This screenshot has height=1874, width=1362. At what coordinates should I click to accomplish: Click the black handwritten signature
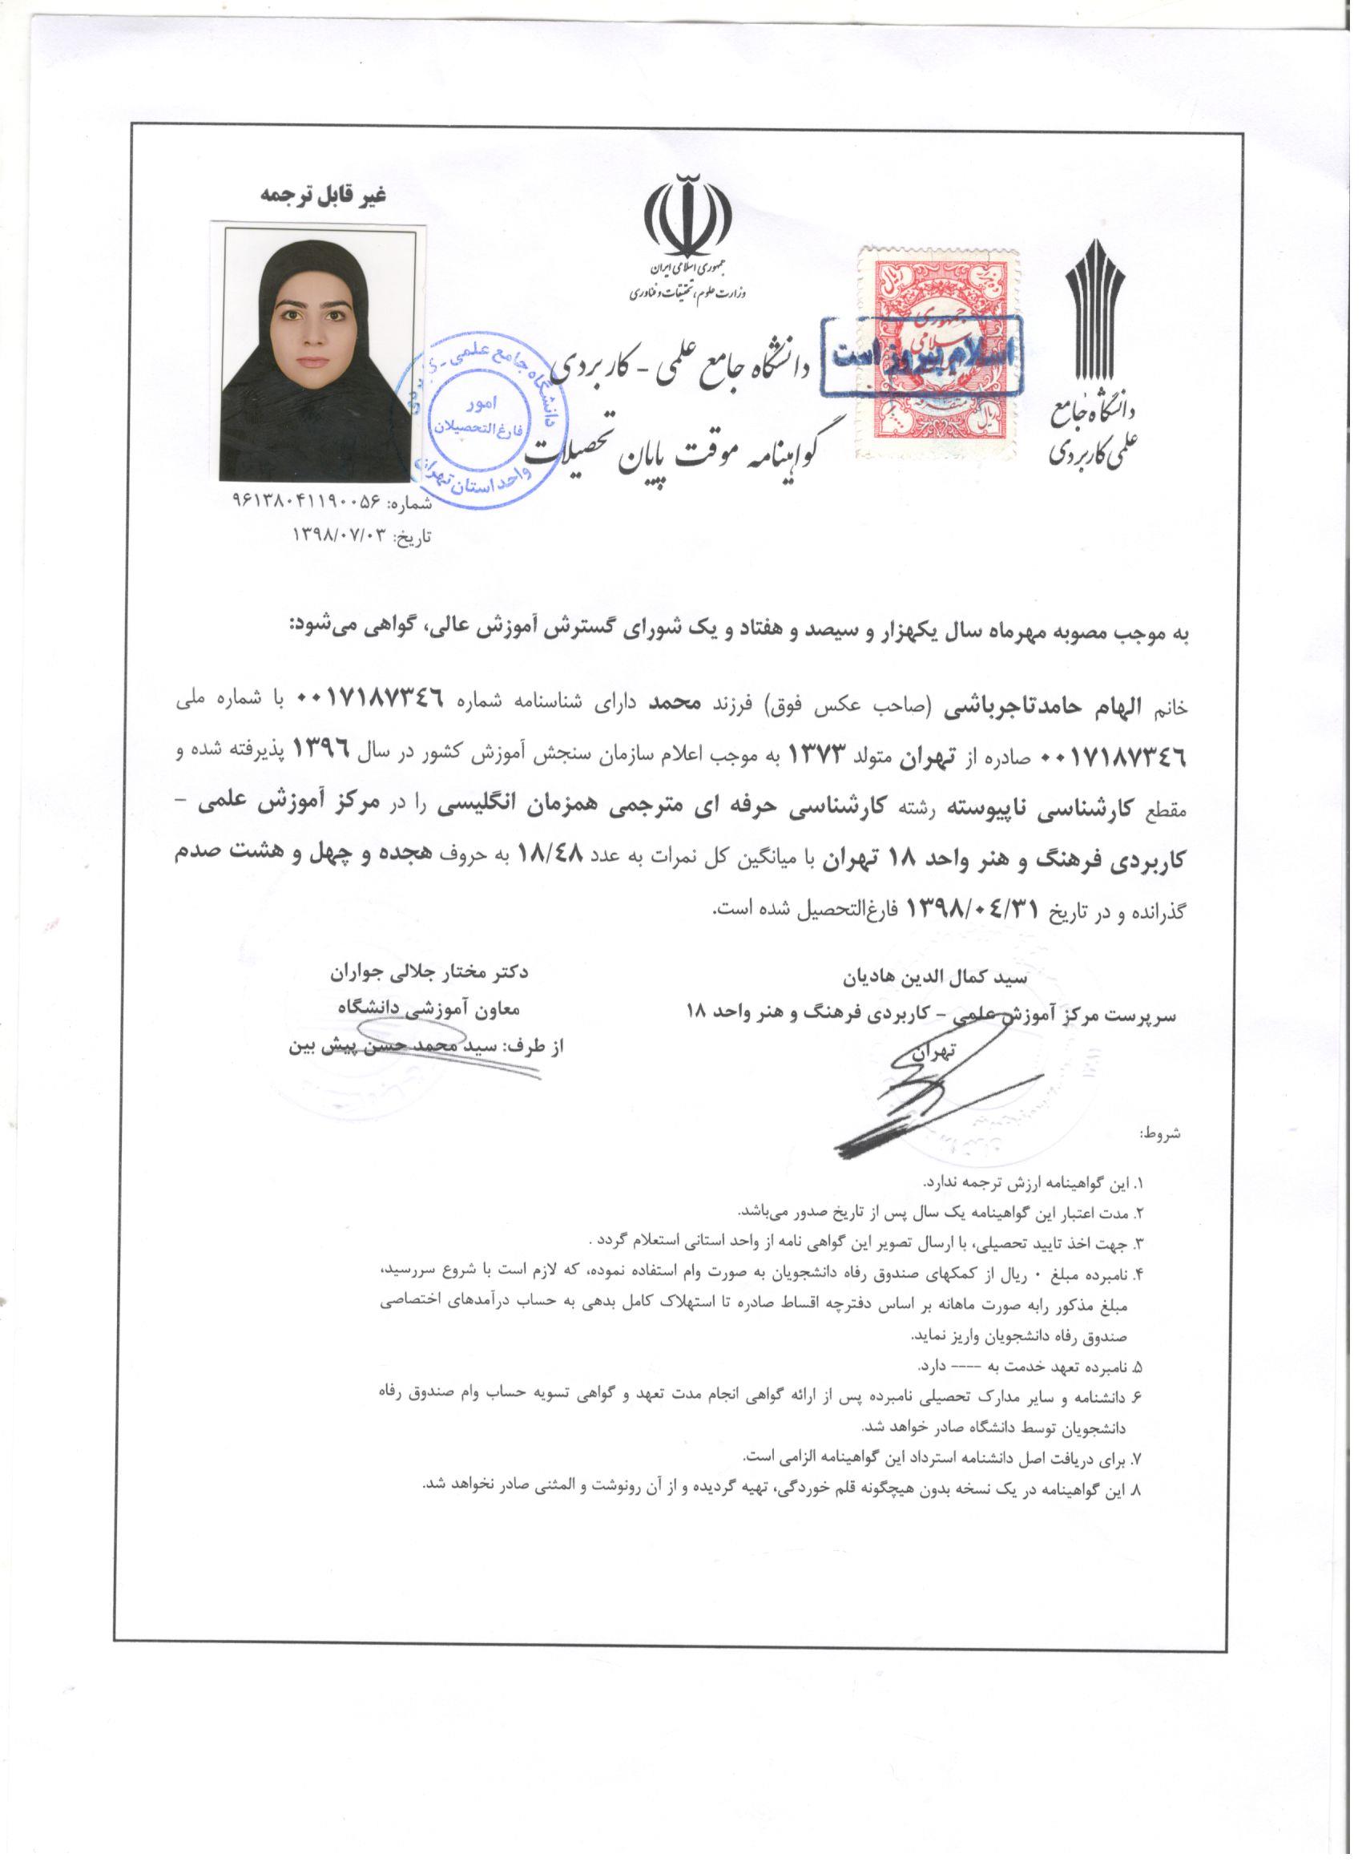917,1091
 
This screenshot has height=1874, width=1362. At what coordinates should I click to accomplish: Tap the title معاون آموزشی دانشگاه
421,1008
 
